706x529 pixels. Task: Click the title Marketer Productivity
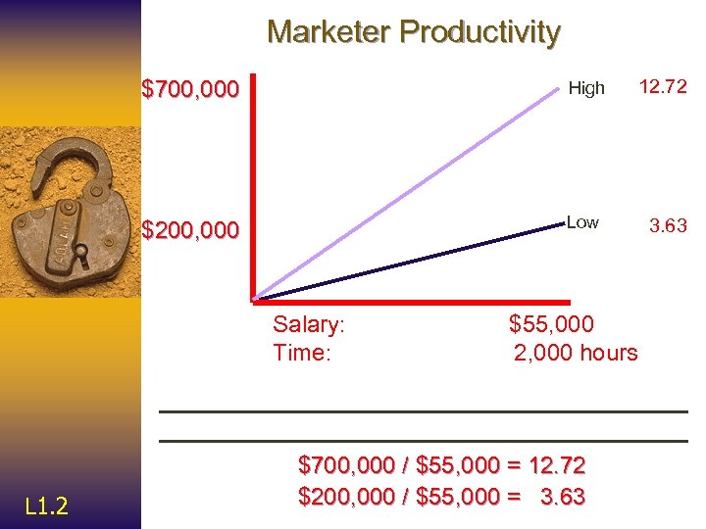point(413,32)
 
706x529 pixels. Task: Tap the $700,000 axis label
point(190,90)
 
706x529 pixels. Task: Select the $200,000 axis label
point(190,230)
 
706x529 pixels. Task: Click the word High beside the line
point(586,88)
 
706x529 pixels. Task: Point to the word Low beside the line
point(582,222)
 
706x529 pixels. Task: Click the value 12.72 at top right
point(664,87)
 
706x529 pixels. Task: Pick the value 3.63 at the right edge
point(668,226)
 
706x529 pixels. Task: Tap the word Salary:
point(309,324)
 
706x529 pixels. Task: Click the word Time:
point(302,353)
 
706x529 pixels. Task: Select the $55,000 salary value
point(551,324)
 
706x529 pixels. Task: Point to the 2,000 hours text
point(576,353)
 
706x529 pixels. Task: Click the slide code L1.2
point(46,505)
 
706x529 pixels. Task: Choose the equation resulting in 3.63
point(441,497)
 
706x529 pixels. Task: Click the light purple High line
point(412,189)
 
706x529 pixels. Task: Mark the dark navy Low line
point(412,262)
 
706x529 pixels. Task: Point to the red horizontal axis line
point(412,301)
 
